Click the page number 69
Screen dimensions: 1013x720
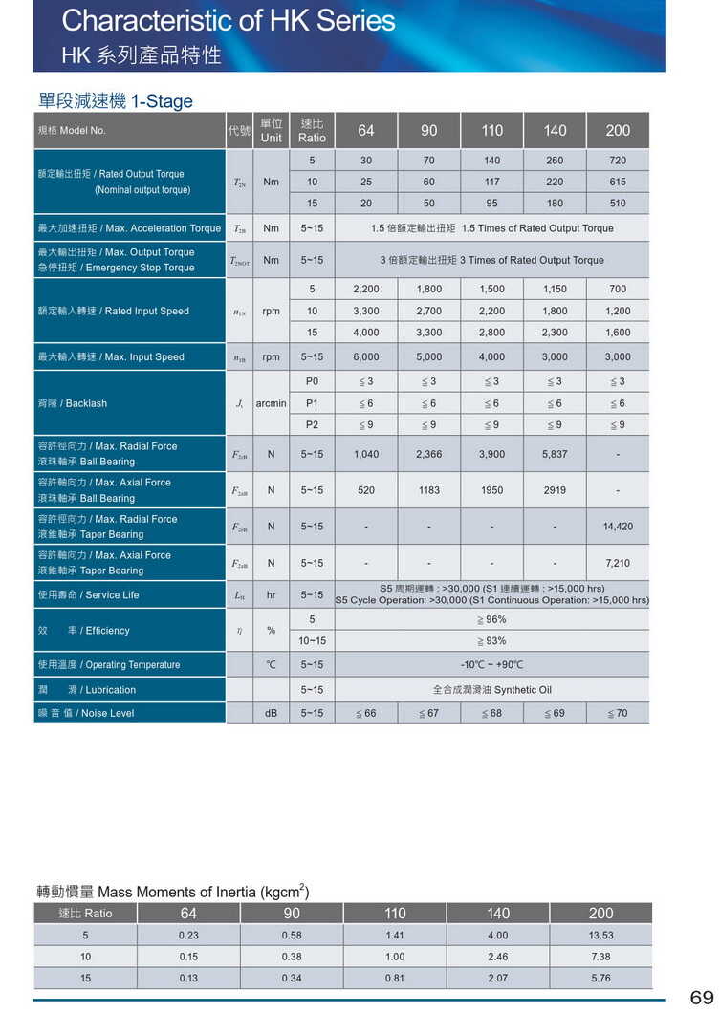701,998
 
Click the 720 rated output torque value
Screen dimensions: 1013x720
618,160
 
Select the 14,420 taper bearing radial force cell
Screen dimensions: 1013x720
618,527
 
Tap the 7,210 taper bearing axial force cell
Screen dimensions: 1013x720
618,563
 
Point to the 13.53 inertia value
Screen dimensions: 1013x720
600,935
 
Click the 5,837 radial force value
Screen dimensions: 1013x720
555,454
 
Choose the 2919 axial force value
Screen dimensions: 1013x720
555,490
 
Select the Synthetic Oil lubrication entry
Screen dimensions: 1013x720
491,689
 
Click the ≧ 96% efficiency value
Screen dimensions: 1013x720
491,619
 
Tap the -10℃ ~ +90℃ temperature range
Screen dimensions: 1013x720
491,664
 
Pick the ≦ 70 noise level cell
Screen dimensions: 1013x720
618,713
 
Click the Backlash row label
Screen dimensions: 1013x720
73,403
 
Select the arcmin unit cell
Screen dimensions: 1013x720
271,403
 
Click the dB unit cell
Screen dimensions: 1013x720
271,713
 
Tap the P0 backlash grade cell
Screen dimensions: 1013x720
312,381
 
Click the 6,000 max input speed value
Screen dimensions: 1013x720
365,356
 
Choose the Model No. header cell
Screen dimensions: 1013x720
72,130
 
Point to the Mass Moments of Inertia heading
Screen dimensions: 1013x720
172,892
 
